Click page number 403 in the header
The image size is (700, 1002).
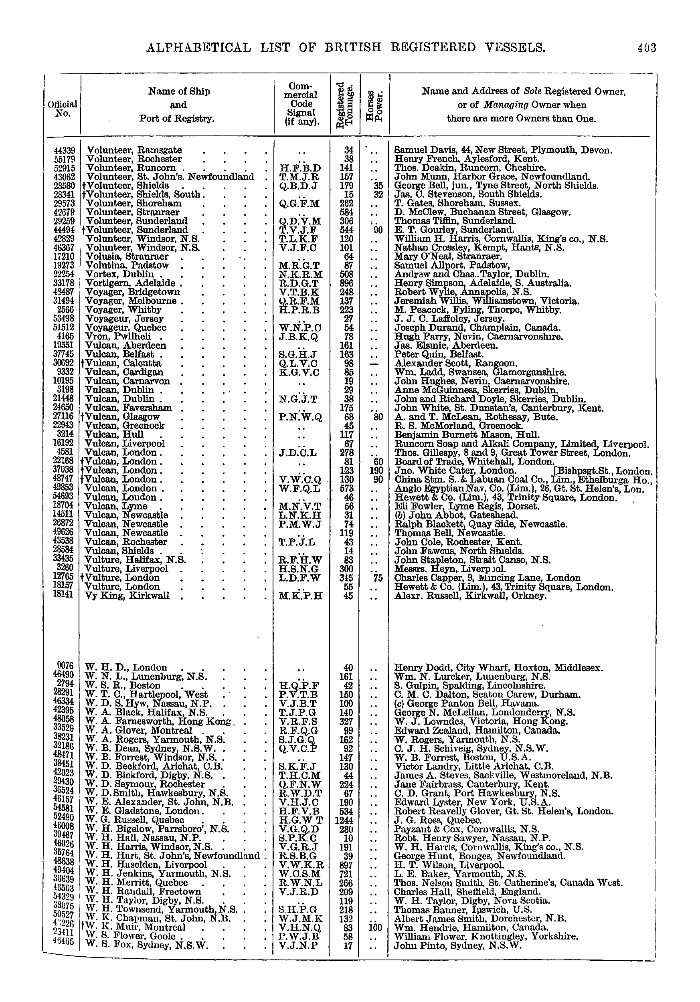646,48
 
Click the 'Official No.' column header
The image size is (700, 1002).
63,109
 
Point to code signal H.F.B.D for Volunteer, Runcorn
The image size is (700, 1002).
300,168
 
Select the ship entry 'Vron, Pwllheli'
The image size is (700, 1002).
118,337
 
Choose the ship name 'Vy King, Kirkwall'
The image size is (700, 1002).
127,596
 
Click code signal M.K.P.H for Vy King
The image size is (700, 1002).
300,596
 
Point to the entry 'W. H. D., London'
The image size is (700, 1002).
126,667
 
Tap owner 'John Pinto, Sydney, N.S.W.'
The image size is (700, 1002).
458,946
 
